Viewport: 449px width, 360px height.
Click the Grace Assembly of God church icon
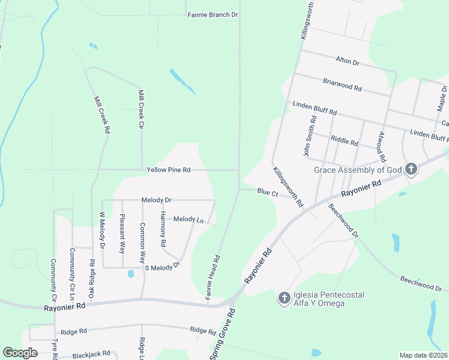pos(411,169)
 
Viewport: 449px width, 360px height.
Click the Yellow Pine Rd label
pos(169,170)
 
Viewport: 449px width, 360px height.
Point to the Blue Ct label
pos(267,193)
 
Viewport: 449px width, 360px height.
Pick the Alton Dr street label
pos(347,62)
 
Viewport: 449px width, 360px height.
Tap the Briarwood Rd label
pos(342,85)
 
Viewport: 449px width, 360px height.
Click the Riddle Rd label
pos(345,143)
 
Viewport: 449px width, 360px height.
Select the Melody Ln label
pos(188,220)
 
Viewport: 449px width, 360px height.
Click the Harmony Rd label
pos(163,230)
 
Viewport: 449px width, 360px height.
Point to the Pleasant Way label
pos(122,232)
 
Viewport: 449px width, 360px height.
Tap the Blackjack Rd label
pos(91,355)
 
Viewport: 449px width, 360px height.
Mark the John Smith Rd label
pos(310,137)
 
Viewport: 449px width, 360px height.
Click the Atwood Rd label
pos(381,147)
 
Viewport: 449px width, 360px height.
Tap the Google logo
pos(20,353)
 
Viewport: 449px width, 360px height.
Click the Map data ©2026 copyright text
pos(423,355)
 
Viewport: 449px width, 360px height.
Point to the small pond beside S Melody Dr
pos(131,275)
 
